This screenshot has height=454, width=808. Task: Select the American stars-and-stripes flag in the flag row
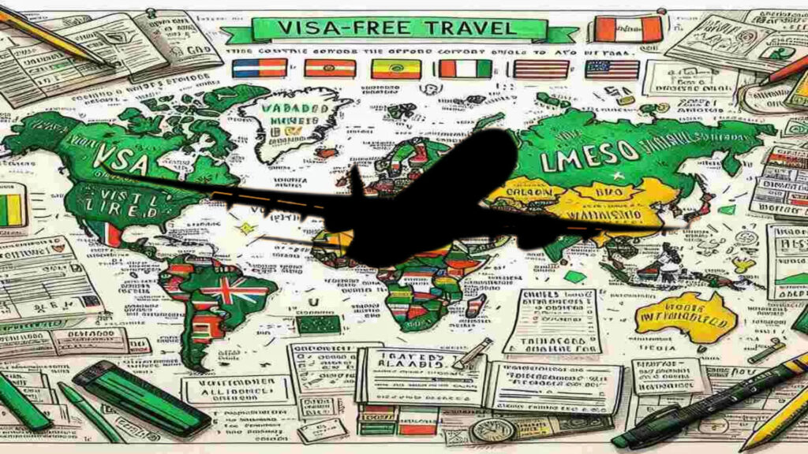point(612,69)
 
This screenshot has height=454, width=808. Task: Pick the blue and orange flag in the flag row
point(259,69)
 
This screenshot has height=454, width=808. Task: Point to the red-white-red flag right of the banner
point(628,28)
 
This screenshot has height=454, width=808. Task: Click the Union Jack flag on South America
point(222,291)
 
